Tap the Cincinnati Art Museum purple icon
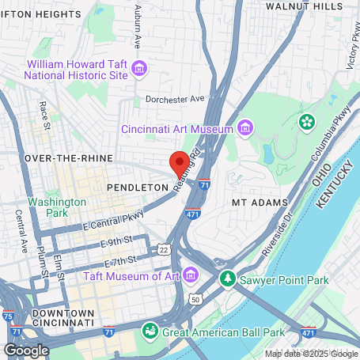pos(245,128)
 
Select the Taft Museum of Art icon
pos(190,275)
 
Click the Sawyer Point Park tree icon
pos(228,279)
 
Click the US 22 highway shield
pos(163,248)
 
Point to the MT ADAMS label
pos(256,203)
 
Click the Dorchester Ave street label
pos(175,99)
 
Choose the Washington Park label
pos(57,207)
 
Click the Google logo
pos(26,350)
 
